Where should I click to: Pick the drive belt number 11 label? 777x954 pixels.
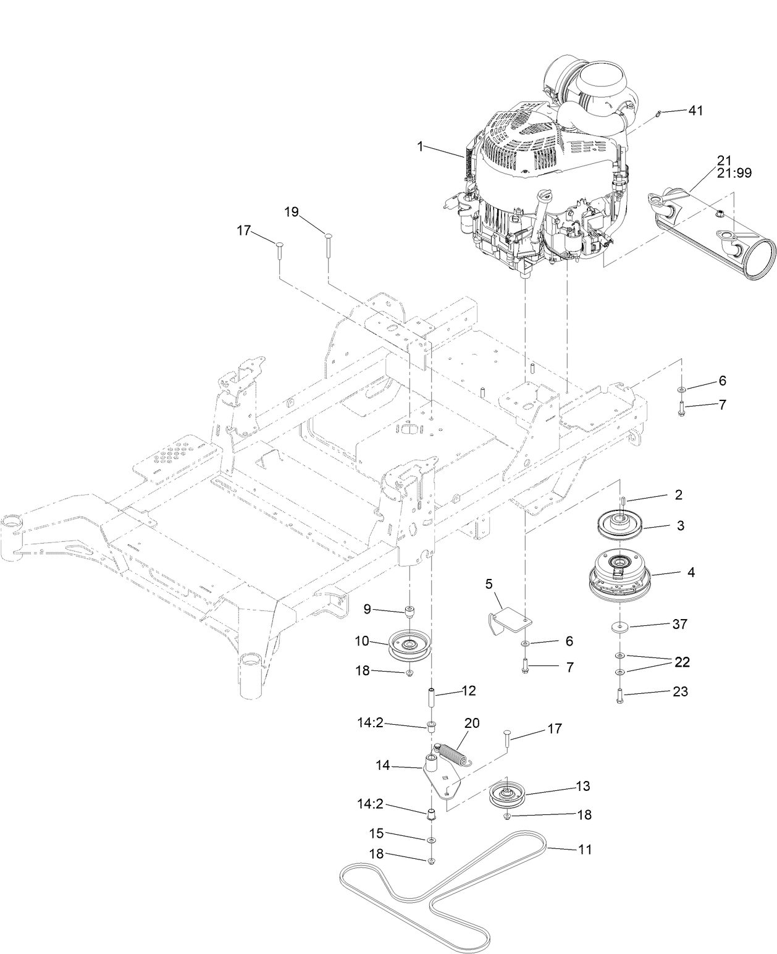tap(584, 850)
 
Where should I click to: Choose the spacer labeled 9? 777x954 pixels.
tap(408, 612)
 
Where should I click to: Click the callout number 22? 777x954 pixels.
tap(681, 662)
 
